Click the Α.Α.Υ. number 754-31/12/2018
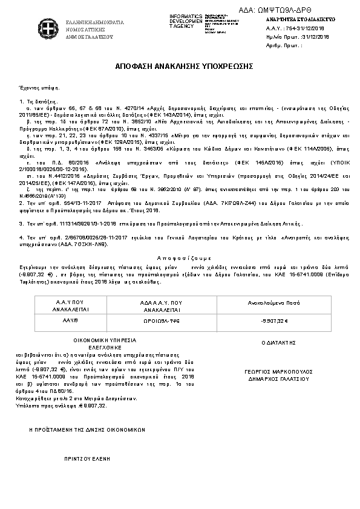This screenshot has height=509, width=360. [295, 28]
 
